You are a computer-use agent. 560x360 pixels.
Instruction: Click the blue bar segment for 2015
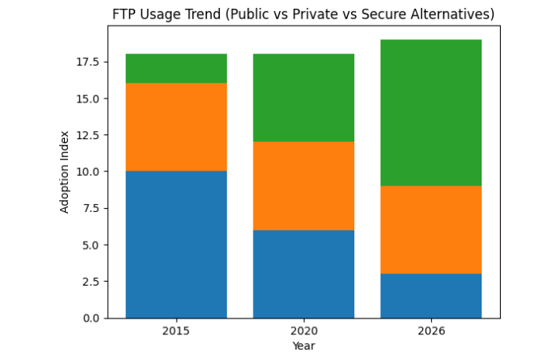pyautogui.click(x=176, y=244)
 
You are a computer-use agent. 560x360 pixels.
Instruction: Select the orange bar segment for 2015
pyautogui.click(x=176, y=127)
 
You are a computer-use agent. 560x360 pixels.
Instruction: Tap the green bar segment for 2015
pyautogui.click(x=176, y=69)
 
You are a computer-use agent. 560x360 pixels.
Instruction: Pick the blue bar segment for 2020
pyautogui.click(x=303, y=274)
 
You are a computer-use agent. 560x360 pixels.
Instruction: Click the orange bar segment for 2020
pyautogui.click(x=303, y=186)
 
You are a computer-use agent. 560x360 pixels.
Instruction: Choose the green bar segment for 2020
pyautogui.click(x=303, y=98)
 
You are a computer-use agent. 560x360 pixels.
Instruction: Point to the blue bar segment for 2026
pyautogui.click(x=430, y=296)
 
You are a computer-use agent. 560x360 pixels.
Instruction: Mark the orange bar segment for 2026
pyautogui.click(x=430, y=230)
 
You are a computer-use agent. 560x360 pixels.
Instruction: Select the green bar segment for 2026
pyautogui.click(x=430, y=113)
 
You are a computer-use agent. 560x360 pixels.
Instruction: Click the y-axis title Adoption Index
pyautogui.click(x=65, y=171)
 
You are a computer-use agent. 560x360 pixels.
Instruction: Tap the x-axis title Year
pyautogui.click(x=303, y=346)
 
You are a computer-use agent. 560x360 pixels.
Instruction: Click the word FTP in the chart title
pyautogui.click(x=125, y=14)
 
